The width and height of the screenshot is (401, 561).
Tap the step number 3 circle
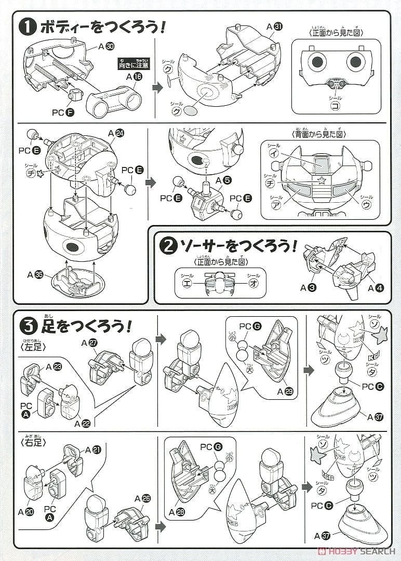point(28,327)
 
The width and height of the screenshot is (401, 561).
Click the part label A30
point(105,47)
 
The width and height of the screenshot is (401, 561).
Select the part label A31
point(274,26)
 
